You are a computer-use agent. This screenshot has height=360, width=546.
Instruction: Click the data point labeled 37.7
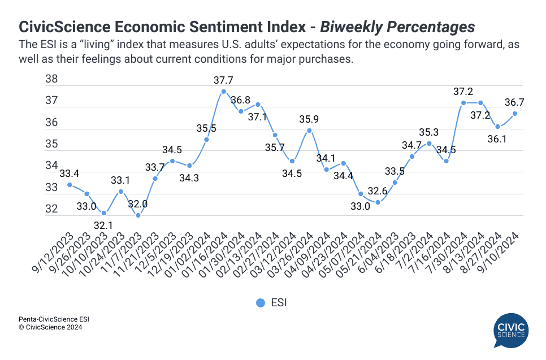(x=224, y=92)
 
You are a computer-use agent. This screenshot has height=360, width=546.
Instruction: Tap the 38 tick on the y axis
(x=51, y=80)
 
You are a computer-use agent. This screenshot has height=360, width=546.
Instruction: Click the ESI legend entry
(x=271, y=303)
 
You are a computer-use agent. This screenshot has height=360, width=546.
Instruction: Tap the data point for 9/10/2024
(x=515, y=114)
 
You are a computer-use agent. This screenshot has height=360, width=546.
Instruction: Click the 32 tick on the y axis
(x=51, y=209)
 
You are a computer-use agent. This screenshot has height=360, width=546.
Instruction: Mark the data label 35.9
(x=309, y=119)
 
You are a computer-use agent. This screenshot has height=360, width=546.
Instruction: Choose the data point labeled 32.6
(x=378, y=202)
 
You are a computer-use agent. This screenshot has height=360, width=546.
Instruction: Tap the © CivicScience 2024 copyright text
(x=50, y=327)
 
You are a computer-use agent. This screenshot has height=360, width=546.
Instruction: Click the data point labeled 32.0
(x=138, y=215)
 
